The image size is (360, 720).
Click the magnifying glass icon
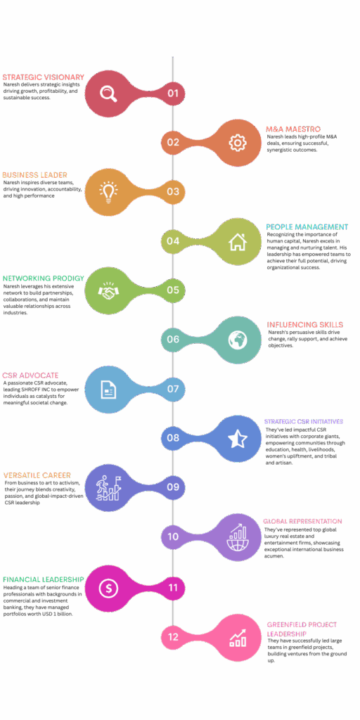pyautogui.click(x=109, y=94)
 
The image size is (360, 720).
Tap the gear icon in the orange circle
pyautogui.click(x=238, y=143)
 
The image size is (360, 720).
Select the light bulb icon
pyautogui.click(x=108, y=192)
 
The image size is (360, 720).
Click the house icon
pyautogui.click(x=238, y=242)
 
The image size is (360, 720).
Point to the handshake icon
pyautogui.click(x=108, y=290)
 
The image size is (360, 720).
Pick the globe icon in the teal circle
pyautogui.click(x=238, y=340)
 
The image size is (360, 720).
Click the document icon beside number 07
pyautogui.click(x=108, y=390)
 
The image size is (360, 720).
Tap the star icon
pyautogui.click(x=238, y=439)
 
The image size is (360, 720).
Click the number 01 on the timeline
pyautogui.click(x=173, y=94)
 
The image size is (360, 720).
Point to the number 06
pyautogui.click(x=173, y=340)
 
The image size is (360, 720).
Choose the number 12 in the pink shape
pyautogui.click(x=173, y=637)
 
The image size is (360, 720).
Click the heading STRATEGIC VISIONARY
pyautogui.click(x=43, y=77)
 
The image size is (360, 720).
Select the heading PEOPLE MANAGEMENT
pyautogui.click(x=307, y=227)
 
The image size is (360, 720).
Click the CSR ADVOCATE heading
pyautogui.click(x=30, y=375)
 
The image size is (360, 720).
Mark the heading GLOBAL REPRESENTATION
pyautogui.click(x=302, y=521)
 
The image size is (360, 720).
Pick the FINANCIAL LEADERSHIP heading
pyautogui.click(x=43, y=579)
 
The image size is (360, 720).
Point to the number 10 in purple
pyautogui.click(x=173, y=536)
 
